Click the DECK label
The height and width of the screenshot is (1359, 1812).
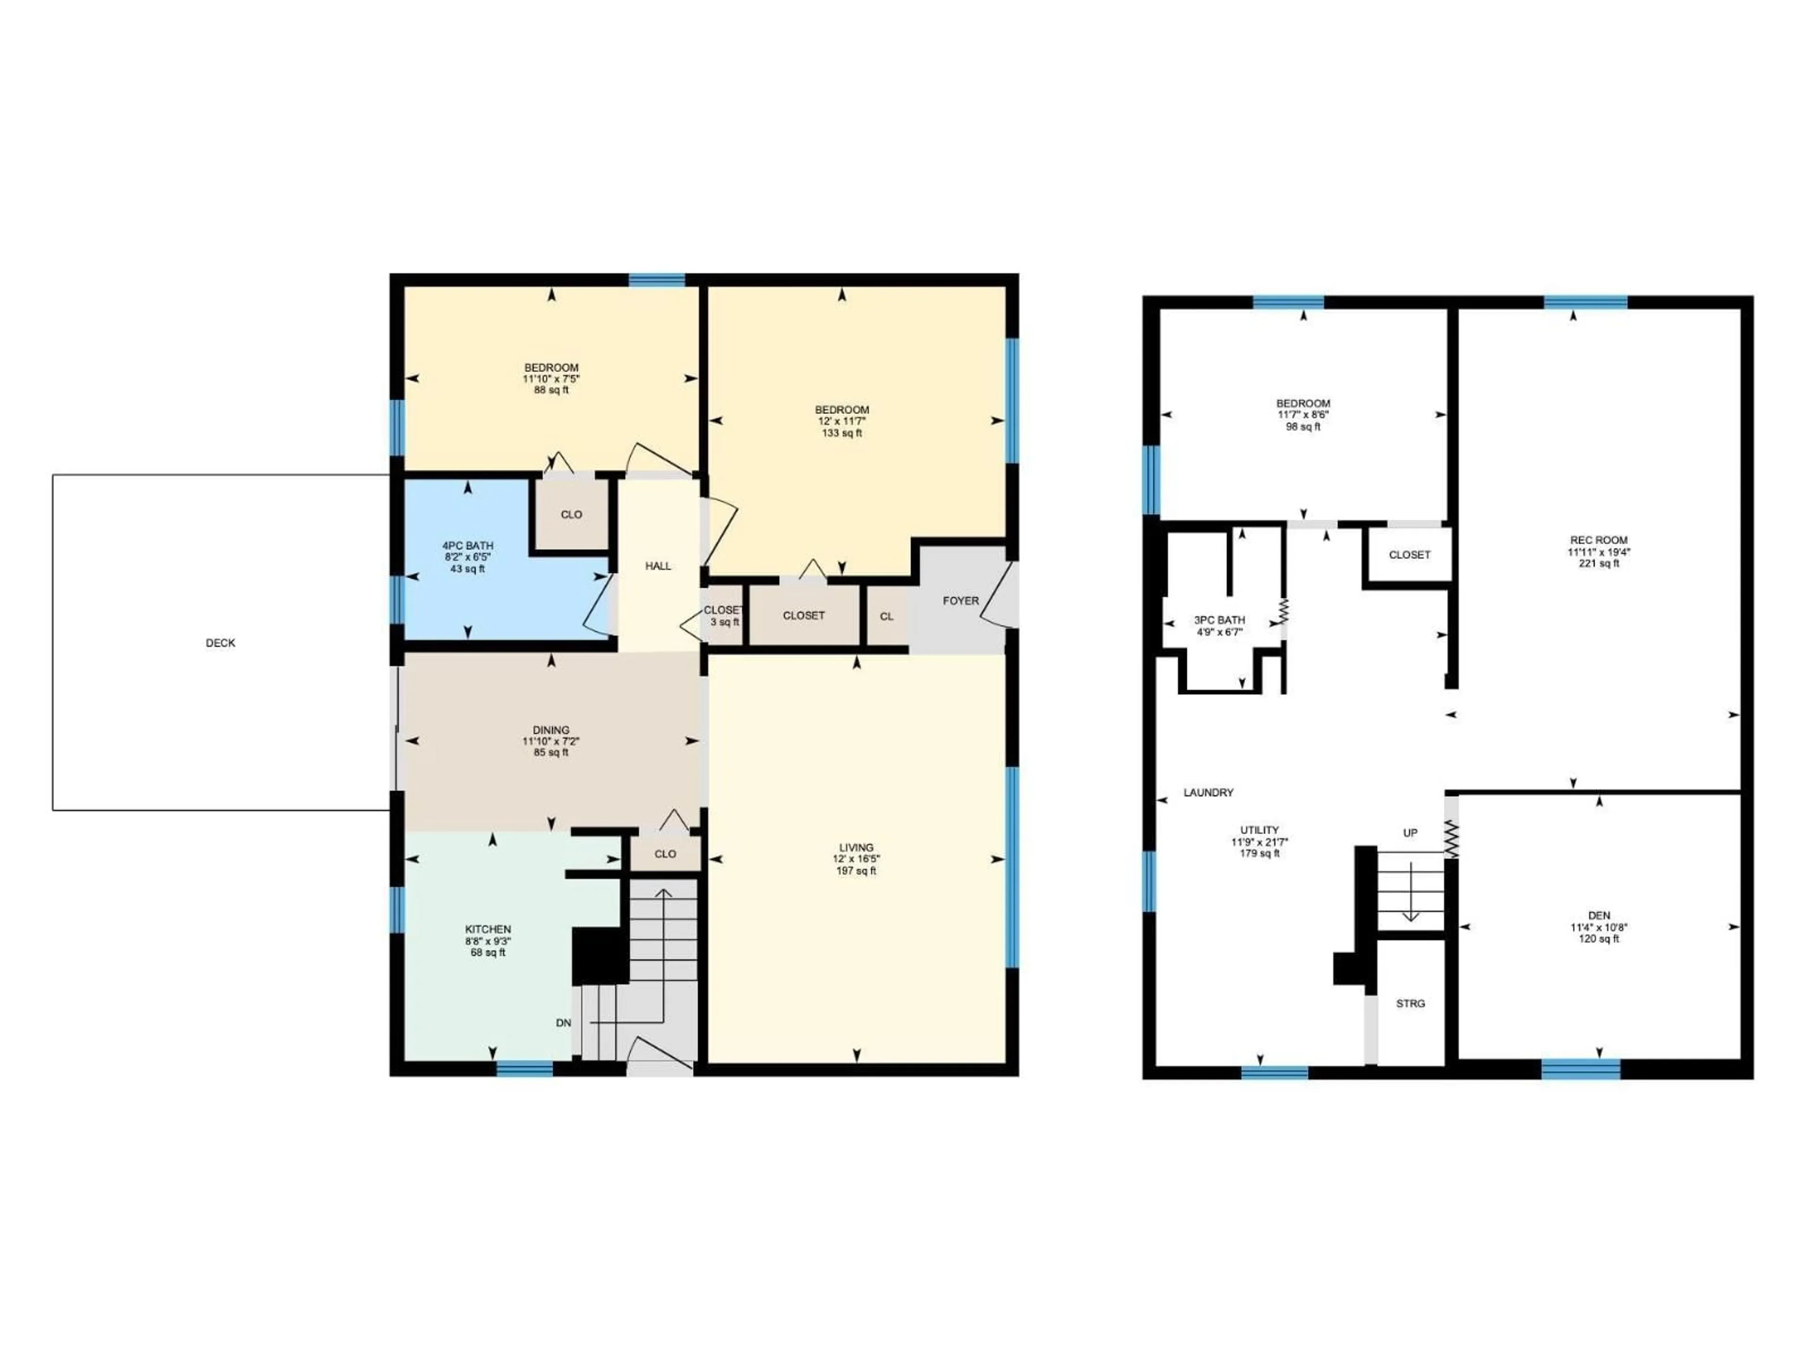[220, 643]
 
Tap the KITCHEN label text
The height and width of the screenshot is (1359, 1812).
[488, 929]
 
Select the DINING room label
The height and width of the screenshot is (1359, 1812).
[551, 730]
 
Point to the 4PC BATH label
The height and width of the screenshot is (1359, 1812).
[468, 545]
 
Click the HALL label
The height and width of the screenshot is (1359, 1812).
[658, 566]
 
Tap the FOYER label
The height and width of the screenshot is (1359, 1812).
[960, 600]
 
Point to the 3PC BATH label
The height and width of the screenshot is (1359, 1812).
[1220, 620]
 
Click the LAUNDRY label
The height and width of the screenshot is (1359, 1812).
[1208, 792]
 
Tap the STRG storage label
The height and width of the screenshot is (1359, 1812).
[1410, 1004]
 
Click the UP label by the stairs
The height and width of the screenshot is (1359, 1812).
[1410, 833]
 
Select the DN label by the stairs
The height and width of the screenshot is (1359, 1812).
[563, 1023]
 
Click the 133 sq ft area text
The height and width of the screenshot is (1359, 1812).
[842, 433]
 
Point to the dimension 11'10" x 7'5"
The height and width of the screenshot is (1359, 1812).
[551, 379]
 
